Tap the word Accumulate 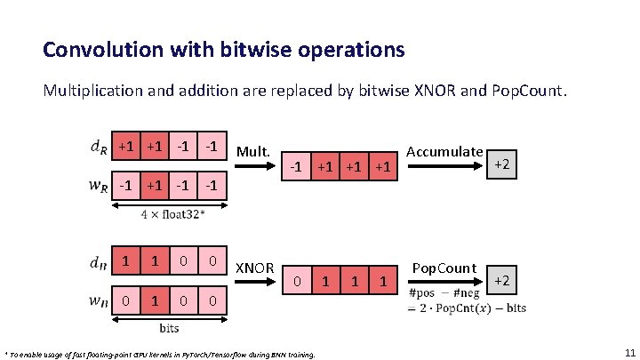[444, 153]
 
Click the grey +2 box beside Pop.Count [501, 281]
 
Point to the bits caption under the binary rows [169, 328]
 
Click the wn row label [99, 300]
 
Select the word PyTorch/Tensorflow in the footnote [202, 354]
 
